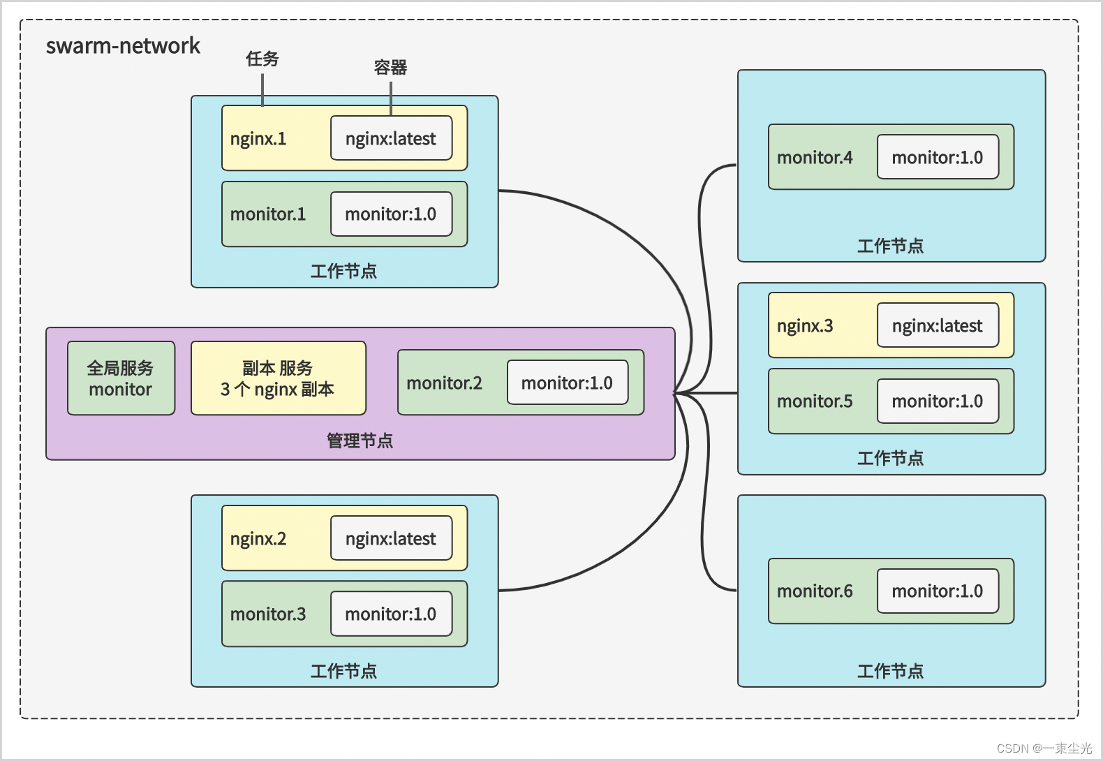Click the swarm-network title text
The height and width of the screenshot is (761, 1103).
coord(123,46)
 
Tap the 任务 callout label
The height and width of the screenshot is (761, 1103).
coord(262,59)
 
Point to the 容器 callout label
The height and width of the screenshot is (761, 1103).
coord(390,67)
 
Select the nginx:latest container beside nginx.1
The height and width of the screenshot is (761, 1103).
coord(391,138)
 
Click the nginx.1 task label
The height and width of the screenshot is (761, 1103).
coord(258,139)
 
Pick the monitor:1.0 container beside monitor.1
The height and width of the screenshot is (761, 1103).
coord(391,214)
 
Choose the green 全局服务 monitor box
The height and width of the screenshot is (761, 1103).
coord(121,378)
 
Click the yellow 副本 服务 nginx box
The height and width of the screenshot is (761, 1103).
coord(278,378)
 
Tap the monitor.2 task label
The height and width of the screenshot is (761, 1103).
coord(444,383)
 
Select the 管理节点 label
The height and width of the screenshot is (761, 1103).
coord(360,441)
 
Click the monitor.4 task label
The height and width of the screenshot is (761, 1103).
coord(815,158)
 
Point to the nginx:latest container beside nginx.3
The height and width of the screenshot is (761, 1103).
coord(937,326)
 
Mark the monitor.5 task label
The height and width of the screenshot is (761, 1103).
coord(815,401)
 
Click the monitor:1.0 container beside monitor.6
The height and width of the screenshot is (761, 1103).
coord(937,591)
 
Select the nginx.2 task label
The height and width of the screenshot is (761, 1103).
coord(258,539)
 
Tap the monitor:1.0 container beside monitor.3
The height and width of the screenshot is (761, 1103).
coord(391,614)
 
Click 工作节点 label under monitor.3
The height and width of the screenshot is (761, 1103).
coord(343,671)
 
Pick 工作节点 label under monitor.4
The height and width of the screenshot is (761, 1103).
coord(890,246)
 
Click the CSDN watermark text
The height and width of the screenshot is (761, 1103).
coord(1044,748)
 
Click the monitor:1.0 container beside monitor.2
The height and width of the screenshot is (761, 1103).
coord(567,383)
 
